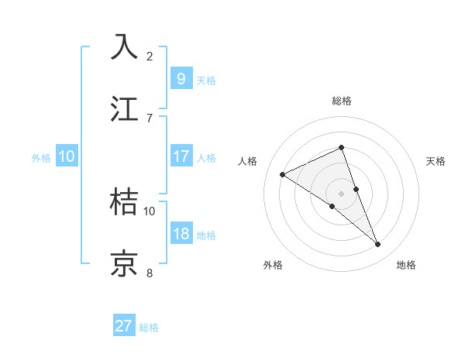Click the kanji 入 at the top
click(125, 47)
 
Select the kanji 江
click(125, 109)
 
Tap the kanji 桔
click(125, 202)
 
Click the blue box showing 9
click(181, 78)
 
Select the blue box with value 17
click(181, 156)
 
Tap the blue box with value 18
click(181, 234)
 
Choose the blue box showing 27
click(124, 326)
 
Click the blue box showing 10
click(67, 156)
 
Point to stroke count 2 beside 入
click(150, 56)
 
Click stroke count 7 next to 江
click(150, 118)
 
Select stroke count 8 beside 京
click(150, 273)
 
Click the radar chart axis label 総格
click(341, 101)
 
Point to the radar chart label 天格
click(436, 161)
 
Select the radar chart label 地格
click(406, 265)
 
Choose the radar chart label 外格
click(273, 265)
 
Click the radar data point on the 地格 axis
click(378, 245)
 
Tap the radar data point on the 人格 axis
click(282, 174)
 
